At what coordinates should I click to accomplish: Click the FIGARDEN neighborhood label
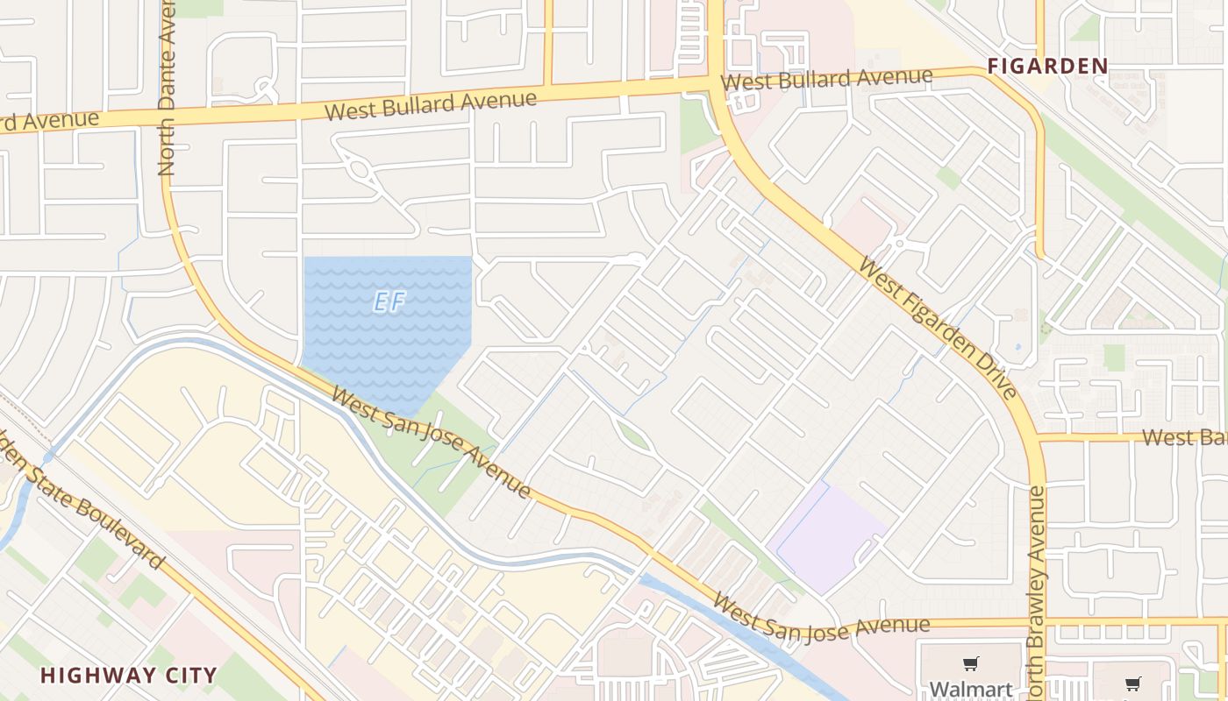pyautogui.click(x=1047, y=66)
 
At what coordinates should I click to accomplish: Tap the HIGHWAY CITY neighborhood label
pyautogui.click(x=128, y=676)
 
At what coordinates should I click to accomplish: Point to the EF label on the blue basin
pyautogui.click(x=389, y=302)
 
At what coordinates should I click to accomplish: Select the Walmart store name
pyautogui.click(x=971, y=689)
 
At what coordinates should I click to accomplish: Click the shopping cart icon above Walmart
pyautogui.click(x=970, y=664)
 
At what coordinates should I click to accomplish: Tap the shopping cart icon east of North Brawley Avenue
pyautogui.click(x=1132, y=683)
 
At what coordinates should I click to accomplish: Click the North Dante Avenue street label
pyautogui.click(x=167, y=88)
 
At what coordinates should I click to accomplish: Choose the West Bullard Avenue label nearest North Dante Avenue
pyautogui.click(x=430, y=106)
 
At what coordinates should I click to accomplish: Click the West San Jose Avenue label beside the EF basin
pyautogui.click(x=430, y=445)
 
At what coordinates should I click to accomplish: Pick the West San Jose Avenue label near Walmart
pyautogui.click(x=821, y=617)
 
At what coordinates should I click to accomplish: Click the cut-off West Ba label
pyautogui.click(x=1184, y=437)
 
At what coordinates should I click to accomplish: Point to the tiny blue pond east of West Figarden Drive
pyautogui.click(x=1017, y=346)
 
